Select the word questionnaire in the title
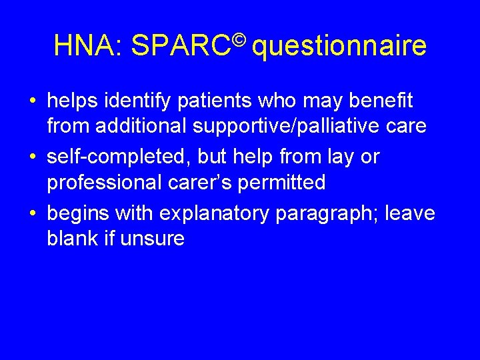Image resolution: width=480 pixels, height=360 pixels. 339,47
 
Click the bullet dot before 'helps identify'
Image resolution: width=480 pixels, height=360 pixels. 33,102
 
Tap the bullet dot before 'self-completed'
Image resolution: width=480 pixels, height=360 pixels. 33,158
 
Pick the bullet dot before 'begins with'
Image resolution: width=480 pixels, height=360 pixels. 33,214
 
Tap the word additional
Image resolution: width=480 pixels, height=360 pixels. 149,126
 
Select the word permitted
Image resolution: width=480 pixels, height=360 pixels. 287,182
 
